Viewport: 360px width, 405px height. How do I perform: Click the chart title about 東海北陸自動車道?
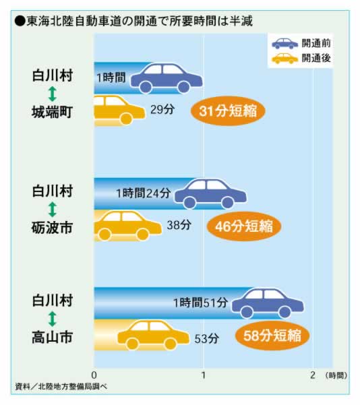click(133, 21)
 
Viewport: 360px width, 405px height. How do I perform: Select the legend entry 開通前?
click(301, 43)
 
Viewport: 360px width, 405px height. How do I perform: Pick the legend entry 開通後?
click(301, 59)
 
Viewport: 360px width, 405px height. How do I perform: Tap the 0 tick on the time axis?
click(94, 375)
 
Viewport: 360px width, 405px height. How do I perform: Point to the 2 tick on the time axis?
click(313, 375)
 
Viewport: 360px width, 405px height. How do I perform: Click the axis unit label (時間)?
click(336, 375)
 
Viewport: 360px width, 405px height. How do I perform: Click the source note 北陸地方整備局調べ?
click(61, 386)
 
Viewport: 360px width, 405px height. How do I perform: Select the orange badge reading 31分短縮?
click(228, 111)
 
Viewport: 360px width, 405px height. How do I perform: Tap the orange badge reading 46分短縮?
click(244, 226)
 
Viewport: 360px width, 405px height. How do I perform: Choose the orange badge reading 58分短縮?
click(272, 336)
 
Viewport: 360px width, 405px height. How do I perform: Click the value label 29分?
click(162, 110)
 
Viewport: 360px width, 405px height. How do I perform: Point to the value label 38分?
click(179, 225)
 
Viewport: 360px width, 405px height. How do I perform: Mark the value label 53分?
click(206, 338)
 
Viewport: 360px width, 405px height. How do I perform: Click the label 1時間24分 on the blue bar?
click(144, 193)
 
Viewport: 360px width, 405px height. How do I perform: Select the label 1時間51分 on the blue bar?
click(200, 303)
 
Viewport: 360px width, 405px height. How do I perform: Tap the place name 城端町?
click(52, 113)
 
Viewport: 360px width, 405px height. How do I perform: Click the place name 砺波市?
click(52, 228)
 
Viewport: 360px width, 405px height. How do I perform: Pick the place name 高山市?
click(52, 338)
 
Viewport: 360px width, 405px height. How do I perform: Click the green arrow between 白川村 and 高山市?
click(53, 319)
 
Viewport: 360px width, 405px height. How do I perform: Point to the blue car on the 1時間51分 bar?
click(268, 303)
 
